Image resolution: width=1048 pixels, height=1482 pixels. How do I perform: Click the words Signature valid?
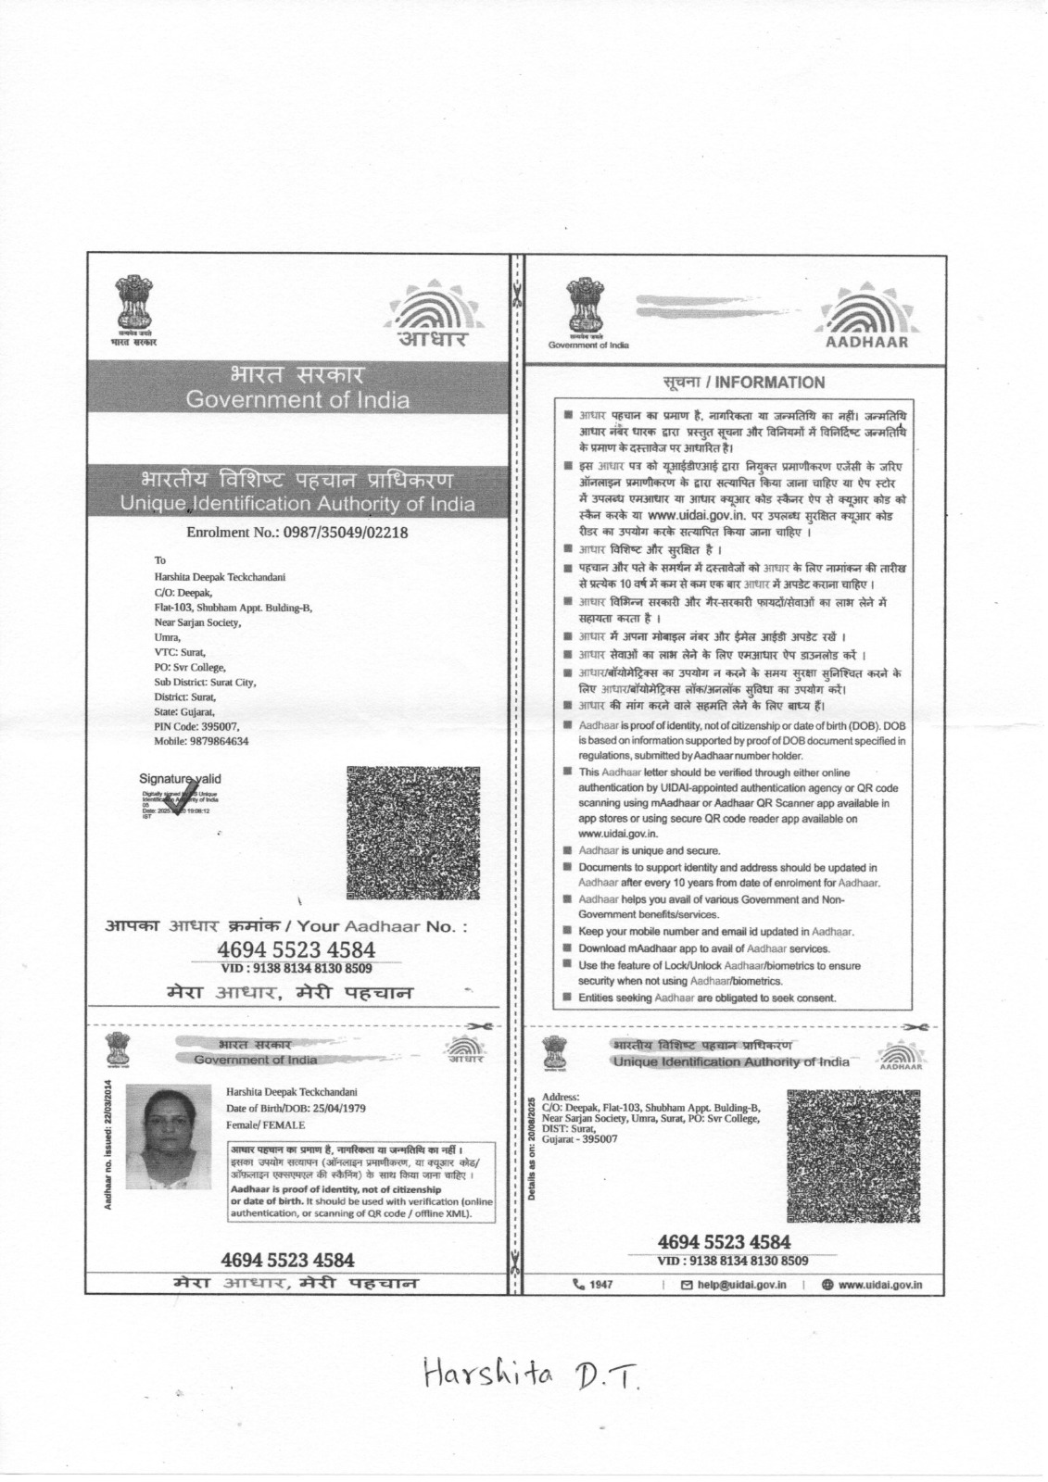180,779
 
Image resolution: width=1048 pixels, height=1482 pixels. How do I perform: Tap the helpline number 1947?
593,1285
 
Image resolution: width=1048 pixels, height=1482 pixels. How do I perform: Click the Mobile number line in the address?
201,742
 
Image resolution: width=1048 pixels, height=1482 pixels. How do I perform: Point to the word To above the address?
159,560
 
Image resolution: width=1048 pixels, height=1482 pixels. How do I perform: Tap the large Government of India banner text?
297,401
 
